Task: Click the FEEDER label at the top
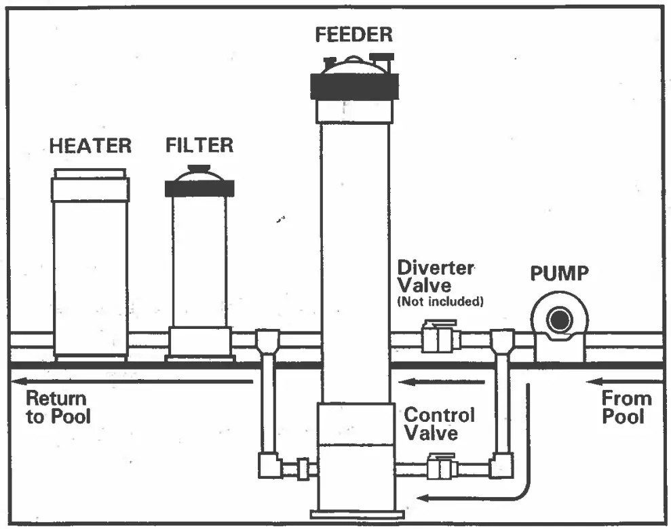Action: click(354, 35)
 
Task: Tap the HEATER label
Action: click(91, 146)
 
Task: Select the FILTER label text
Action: click(199, 145)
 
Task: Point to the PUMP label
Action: click(559, 274)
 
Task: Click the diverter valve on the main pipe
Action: click(439, 337)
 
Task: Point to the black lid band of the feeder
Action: click(354, 86)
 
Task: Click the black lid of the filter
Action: click(199, 188)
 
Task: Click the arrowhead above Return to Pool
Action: click(20, 382)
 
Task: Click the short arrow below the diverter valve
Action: click(441, 382)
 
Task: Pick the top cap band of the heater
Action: click(90, 190)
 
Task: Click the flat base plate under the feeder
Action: click(353, 513)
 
